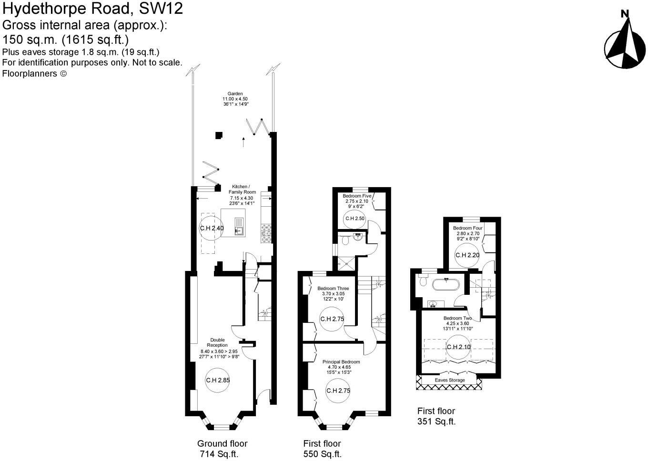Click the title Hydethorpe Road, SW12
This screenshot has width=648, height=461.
tap(92, 9)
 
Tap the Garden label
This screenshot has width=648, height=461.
tap(235, 99)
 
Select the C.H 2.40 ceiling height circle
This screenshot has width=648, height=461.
tap(211, 228)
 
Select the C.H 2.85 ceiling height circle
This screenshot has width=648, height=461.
tap(218, 380)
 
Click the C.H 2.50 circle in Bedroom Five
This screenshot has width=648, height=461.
tap(355, 219)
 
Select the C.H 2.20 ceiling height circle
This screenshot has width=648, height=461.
tap(467, 255)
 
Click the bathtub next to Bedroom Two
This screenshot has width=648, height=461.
tap(446, 285)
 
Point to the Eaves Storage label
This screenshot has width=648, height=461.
tap(450, 380)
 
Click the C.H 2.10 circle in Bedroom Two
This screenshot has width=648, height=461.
tap(459, 347)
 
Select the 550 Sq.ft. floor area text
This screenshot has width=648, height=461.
tap(323, 454)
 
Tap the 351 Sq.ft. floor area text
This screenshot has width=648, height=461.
tap(436, 421)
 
